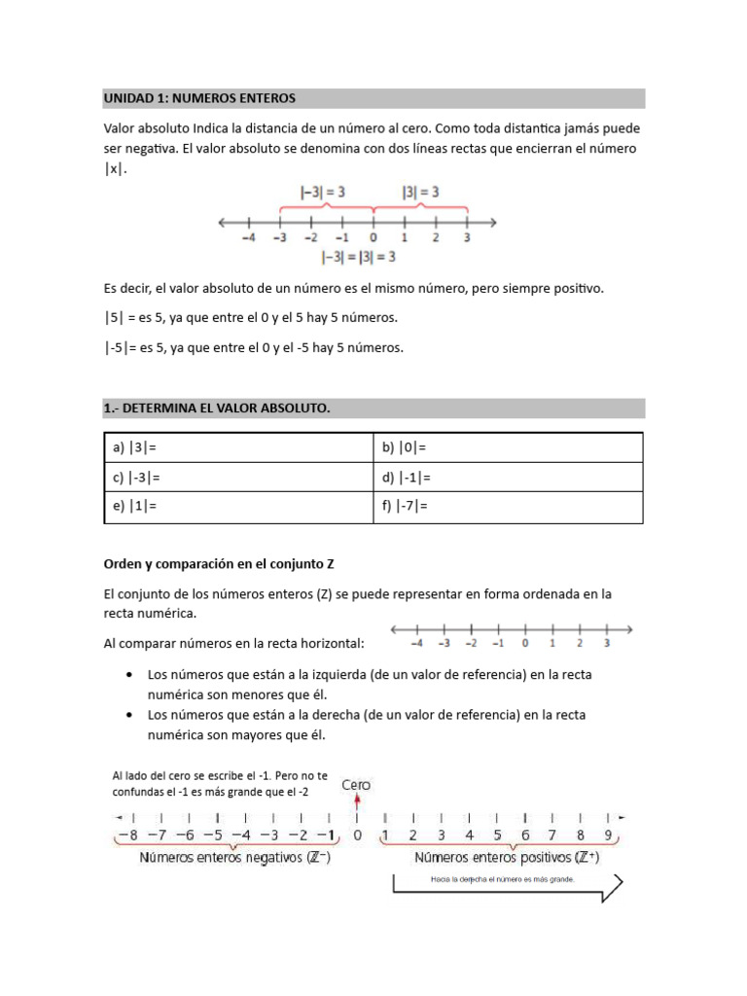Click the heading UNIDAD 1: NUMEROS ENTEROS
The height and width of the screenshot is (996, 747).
pyautogui.click(x=199, y=99)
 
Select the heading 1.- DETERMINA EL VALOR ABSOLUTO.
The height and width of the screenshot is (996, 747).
pyautogui.click(x=217, y=409)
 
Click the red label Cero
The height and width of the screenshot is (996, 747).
pyautogui.click(x=355, y=785)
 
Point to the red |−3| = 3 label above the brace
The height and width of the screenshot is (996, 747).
pyautogui.click(x=319, y=193)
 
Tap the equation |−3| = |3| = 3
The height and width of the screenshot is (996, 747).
pyautogui.click(x=358, y=258)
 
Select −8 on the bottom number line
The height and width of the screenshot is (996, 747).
pyautogui.click(x=126, y=836)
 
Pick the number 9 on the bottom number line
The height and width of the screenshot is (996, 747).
pyautogui.click(x=607, y=836)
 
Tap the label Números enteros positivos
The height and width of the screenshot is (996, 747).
pyautogui.click(x=506, y=858)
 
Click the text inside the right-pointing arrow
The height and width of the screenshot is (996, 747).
pyautogui.click(x=503, y=879)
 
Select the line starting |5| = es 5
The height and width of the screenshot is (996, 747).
pyautogui.click(x=251, y=318)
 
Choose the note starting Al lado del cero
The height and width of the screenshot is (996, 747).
pyautogui.click(x=220, y=783)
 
